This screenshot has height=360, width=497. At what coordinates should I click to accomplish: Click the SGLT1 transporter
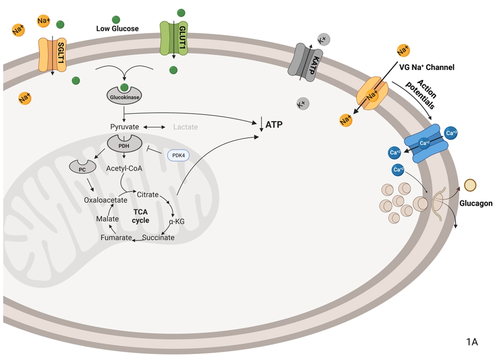[x=52, y=54]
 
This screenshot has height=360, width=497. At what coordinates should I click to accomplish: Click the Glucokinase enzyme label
[x=124, y=97]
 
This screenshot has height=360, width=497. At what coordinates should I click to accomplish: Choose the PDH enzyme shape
[x=123, y=144]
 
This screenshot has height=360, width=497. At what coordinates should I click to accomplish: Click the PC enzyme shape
[x=82, y=169]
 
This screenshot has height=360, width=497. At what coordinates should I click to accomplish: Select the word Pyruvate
[x=124, y=126]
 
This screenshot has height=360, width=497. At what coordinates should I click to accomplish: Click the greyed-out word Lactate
[x=185, y=126]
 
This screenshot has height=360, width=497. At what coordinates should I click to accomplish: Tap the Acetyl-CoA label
[x=124, y=168]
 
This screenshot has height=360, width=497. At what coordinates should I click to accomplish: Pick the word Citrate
[x=148, y=194]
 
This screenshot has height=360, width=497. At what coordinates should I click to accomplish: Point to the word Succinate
[x=158, y=238]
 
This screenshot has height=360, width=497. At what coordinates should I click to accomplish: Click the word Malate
[x=108, y=219]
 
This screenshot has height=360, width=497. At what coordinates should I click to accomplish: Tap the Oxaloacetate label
[x=105, y=200]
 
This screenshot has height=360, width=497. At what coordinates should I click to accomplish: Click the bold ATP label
[x=274, y=124]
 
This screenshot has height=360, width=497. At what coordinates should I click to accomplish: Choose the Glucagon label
[x=475, y=203]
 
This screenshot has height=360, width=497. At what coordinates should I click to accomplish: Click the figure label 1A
[x=472, y=342]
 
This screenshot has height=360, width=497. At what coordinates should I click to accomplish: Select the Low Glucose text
[x=117, y=29]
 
